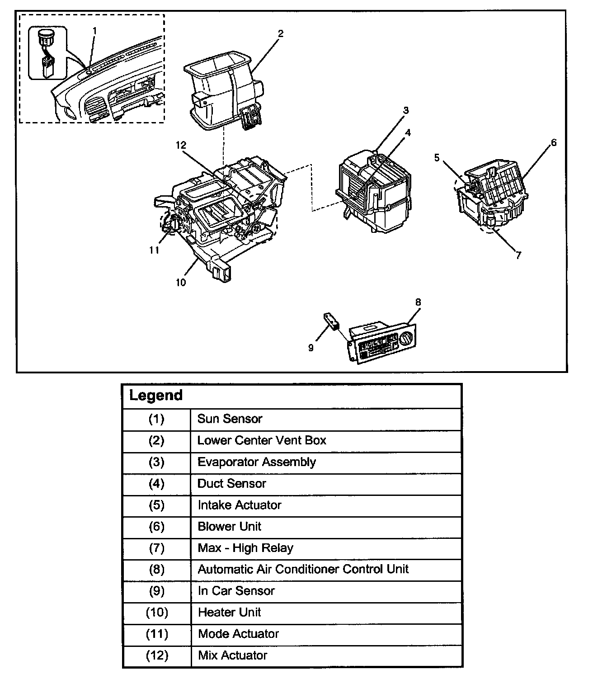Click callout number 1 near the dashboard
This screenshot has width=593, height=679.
95,30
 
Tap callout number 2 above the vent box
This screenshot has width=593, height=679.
281,33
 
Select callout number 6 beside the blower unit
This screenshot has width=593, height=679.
554,143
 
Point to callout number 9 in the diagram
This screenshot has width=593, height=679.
311,348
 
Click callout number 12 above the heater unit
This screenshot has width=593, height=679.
181,145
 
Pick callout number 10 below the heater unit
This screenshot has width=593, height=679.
181,283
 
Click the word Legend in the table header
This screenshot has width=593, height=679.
156,396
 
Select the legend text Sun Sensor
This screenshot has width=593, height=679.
230,419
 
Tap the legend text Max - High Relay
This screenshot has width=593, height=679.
245,548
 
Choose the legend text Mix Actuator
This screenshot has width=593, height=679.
232,655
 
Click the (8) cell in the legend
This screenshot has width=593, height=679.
156,570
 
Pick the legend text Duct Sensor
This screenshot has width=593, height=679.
231,484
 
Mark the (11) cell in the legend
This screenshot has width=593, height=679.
156,634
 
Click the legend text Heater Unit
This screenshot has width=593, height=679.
229,613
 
